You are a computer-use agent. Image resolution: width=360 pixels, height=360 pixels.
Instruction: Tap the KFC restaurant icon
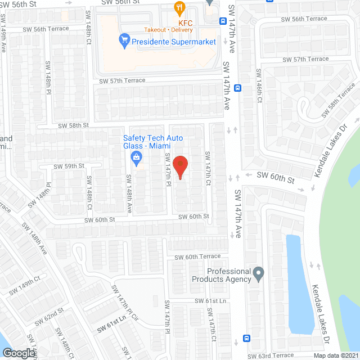click(x=180, y=8)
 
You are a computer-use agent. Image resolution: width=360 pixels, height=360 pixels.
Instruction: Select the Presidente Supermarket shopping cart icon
click(x=124, y=40)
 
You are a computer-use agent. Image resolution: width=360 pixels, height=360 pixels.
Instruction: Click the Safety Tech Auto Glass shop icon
click(x=136, y=158)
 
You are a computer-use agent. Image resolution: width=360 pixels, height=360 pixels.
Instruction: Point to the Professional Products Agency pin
click(x=259, y=275)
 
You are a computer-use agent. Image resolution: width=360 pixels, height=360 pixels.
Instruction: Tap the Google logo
click(x=18, y=353)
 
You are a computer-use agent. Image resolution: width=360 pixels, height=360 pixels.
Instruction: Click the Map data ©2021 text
click(x=335, y=355)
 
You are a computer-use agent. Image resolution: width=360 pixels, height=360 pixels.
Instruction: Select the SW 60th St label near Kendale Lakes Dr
click(x=276, y=178)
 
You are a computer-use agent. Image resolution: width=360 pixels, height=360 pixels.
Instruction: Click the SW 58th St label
click(x=74, y=125)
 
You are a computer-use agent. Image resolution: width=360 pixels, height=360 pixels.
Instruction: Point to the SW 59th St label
click(x=69, y=166)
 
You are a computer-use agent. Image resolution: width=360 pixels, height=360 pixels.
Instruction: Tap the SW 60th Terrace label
click(x=197, y=256)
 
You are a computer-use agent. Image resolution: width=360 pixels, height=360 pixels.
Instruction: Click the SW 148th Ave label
click(x=129, y=193)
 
